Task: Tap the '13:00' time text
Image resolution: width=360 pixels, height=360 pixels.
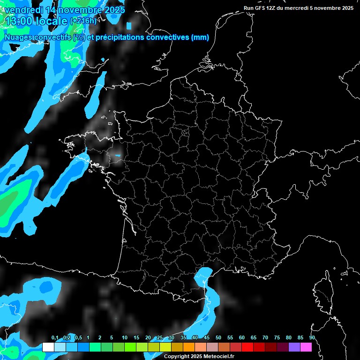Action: click(19, 21)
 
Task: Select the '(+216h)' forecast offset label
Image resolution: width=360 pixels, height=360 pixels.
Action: click(83, 21)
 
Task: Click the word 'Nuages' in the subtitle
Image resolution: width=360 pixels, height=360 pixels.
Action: click(18, 37)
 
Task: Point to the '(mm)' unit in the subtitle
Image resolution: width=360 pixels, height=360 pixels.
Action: click(200, 37)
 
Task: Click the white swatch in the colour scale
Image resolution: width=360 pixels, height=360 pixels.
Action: click(48, 347)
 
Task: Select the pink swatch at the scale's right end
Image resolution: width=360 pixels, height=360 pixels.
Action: click(306, 347)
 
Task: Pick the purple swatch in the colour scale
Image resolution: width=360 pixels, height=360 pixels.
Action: click(294, 347)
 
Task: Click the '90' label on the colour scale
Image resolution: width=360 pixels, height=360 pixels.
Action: click(312, 338)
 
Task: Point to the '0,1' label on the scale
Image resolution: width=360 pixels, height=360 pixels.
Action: click(55, 338)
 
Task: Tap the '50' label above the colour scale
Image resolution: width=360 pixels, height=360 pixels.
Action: click(218, 338)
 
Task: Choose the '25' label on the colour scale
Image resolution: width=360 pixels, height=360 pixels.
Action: click(160, 338)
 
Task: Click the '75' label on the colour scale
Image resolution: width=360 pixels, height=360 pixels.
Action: click(277, 338)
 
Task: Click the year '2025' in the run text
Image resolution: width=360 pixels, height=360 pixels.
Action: click(347, 8)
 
